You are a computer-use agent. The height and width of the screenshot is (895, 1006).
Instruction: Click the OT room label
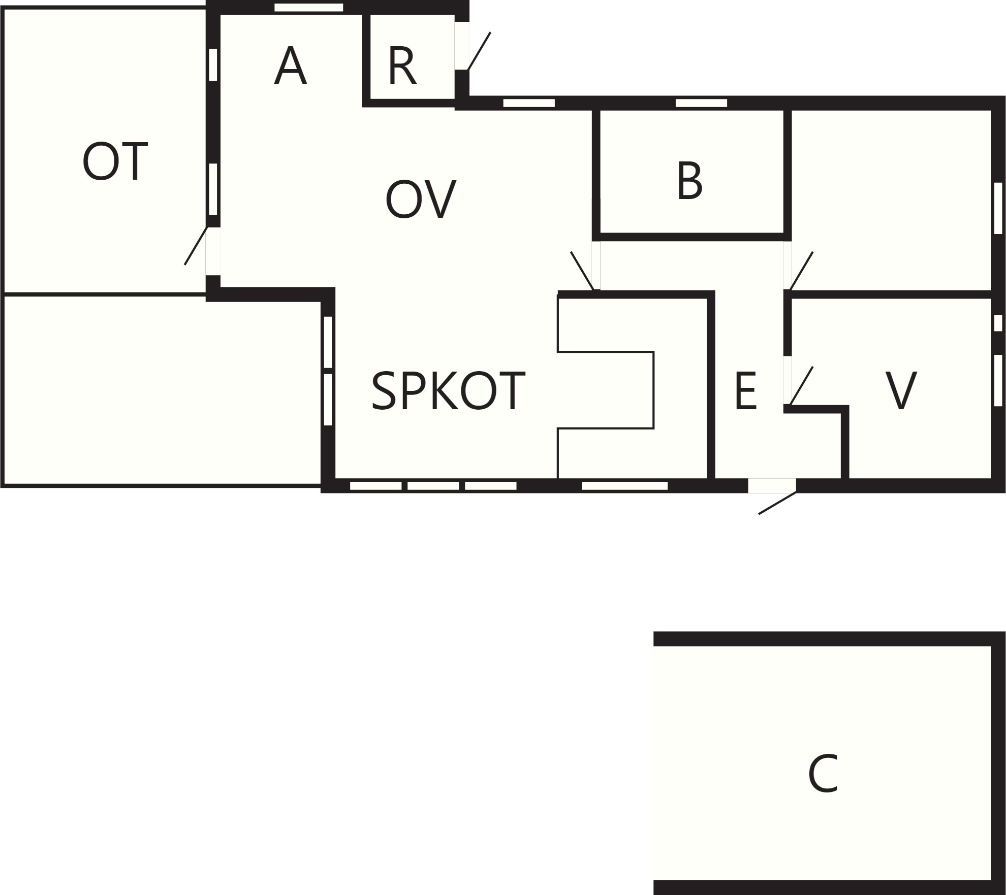[x=115, y=161]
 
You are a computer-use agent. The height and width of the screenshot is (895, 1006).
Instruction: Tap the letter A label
[x=290, y=66]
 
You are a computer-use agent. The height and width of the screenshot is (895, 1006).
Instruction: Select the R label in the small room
[x=402, y=66]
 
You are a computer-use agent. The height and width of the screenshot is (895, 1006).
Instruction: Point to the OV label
[x=421, y=200]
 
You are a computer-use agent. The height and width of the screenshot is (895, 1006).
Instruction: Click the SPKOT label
[x=448, y=391]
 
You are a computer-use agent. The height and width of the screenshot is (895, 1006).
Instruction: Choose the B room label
[x=689, y=181]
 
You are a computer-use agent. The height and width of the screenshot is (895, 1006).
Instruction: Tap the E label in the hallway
[x=745, y=390]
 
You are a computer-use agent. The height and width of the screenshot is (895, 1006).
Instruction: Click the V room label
[x=901, y=390]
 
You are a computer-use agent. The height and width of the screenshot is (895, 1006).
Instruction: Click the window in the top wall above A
[x=309, y=8]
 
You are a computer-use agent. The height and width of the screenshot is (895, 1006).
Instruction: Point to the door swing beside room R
[x=479, y=51]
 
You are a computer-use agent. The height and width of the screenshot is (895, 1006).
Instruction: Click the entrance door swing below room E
[x=777, y=503]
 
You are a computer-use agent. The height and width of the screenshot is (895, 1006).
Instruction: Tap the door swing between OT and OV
[x=196, y=246]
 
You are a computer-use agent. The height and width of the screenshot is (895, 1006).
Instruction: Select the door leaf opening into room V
[x=801, y=386]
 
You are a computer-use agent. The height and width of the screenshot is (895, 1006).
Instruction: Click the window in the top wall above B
[x=701, y=103]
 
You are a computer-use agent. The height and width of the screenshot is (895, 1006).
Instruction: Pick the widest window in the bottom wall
[x=624, y=486]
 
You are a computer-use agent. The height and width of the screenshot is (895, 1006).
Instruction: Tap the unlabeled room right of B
[x=891, y=201]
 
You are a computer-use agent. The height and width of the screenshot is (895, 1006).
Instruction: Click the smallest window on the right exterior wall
[x=998, y=323]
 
